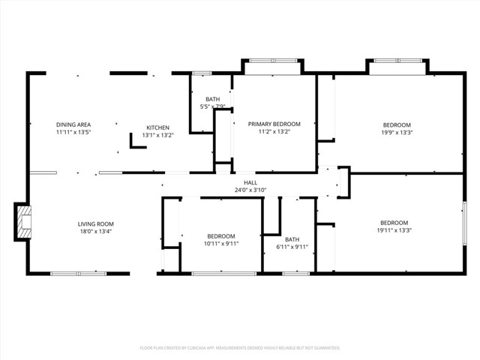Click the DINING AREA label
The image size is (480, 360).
coord(73,124)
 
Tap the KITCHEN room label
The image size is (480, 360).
coord(157,127)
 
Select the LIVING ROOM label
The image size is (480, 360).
coord(95,223)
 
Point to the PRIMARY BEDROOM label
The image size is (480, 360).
coord(274,124)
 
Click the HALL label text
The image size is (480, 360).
coord(250,182)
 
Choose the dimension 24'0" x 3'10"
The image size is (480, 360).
coord(250,190)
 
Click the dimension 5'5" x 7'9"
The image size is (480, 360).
coord(213,107)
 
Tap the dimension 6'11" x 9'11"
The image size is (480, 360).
coord(292,247)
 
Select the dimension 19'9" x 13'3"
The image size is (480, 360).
coord(397,133)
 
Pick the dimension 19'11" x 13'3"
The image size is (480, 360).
coord(394,231)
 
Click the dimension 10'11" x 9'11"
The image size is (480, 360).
coord(221,244)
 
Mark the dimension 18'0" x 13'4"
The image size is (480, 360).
coord(95,232)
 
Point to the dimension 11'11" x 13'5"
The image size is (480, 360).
coord(73,133)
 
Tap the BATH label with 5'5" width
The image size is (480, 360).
coord(213,99)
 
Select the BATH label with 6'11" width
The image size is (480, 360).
coord(292,239)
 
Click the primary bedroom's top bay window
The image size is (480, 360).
coord(271,61)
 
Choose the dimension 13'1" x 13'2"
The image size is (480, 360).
coord(157,136)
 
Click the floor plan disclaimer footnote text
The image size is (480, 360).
coord(240,348)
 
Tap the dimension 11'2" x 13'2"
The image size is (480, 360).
coord(274,132)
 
